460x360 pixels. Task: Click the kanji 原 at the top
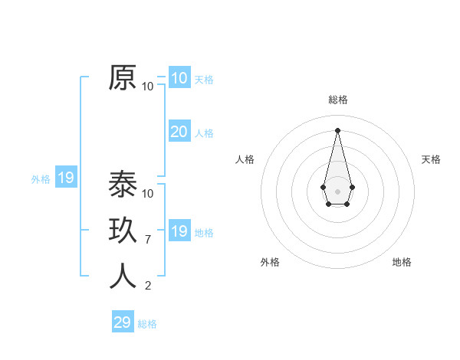pyautogui.click(x=123, y=77)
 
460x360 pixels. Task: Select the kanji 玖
pyautogui.click(x=123, y=231)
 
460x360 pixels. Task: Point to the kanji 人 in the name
pyautogui.click(x=123, y=277)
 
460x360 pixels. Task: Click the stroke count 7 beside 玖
pyautogui.click(x=148, y=240)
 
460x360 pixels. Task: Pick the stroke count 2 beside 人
pyautogui.click(x=148, y=286)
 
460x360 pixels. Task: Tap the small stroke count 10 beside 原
pyautogui.click(x=148, y=87)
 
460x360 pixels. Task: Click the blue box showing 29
pyautogui.click(x=122, y=322)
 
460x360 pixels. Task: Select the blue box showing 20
pyautogui.click(x=179, y=132)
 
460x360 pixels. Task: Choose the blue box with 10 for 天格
pyautogui.click(x=179, y=78)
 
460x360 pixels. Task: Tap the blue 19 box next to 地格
pyautogui.click(x=179, y=231)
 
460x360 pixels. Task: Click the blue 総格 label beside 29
pyautogui.click(x=147, y=324)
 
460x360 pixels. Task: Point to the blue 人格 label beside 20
pyautogui.click(x=204, y=133)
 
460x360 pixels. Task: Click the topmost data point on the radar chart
pyautogui.click(x=337, y=129)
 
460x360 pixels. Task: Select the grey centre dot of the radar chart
pyautogui.click(x=337, y=191)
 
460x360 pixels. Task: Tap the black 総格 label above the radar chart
pyautogui.click(x=337, y=100)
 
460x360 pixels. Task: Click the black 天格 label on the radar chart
pyautogui.click(x=431, y=159)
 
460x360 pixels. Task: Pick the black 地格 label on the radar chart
pyautogui.click(x=402, y=262)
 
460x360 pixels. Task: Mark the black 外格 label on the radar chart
pyautogui.click(x=270, y=262)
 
